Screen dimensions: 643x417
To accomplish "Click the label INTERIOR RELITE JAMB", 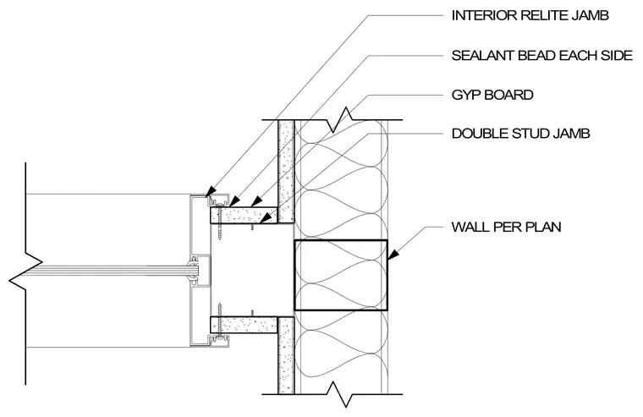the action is point(530,15).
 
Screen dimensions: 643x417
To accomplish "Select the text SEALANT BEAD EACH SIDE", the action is point(542,55).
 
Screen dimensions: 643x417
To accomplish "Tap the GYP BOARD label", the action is point(492,95).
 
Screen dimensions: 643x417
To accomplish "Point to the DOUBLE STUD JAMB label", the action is point(521,134).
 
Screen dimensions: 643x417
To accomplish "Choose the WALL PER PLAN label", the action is point(507,227).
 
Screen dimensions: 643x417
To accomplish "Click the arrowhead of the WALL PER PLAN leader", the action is point(393,254).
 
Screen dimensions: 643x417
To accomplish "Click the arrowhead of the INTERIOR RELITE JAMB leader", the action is point(210,191).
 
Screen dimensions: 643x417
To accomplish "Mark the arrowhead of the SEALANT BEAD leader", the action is point(234,201).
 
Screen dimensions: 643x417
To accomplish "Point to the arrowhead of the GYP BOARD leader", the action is point(256,201).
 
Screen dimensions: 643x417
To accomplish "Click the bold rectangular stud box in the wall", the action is point(341,275).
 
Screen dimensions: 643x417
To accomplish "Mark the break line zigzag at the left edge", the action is point(25,272).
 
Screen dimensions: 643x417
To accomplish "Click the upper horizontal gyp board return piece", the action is point(244,215).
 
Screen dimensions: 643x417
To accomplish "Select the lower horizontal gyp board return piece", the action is point(244,324).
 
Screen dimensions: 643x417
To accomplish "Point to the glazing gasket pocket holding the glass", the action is point(198,271).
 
